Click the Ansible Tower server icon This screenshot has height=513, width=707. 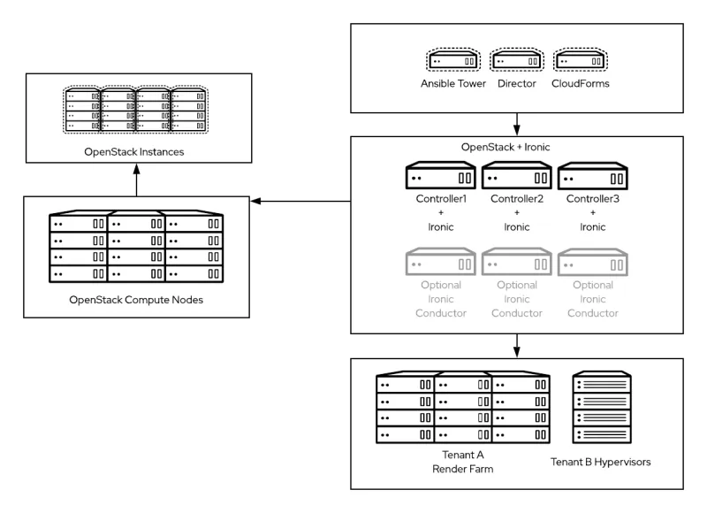(x=453, y=60)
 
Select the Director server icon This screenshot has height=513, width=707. (x=516, y=60)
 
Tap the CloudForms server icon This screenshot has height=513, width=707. (x=580, y=60)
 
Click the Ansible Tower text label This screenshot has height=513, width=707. (x=453, y=84)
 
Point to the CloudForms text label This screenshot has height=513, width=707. (x=580, y=84)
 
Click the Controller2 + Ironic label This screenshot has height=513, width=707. (x=516, y=213)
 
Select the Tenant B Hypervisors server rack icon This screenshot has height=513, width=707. (x=603, y=410)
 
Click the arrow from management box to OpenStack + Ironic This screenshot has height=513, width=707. (x=516, y=125)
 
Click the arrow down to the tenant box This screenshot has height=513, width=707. (x=516, y=346)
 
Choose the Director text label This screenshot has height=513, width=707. (x=516, y=84)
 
